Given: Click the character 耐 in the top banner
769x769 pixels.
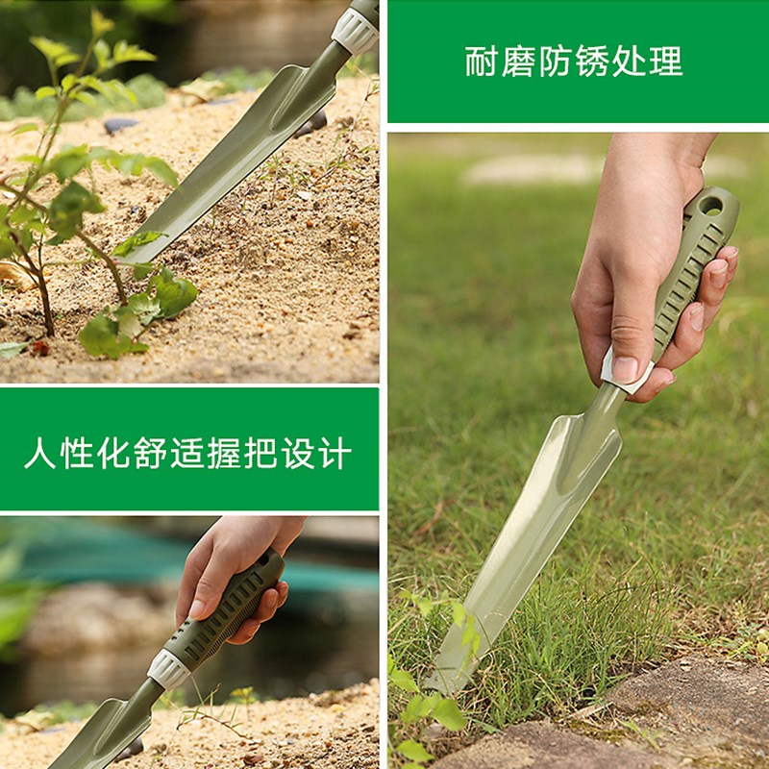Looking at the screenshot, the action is pos(482,62).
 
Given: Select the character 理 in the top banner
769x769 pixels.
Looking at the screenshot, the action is pos(666,62).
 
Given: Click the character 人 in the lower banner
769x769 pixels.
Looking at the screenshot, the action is pos(40,453).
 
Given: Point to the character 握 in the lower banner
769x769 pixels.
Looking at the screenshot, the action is pos(224,453).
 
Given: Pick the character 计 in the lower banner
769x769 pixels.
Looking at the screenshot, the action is pos(335,453).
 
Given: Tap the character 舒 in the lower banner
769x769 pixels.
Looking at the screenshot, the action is pos(151,453).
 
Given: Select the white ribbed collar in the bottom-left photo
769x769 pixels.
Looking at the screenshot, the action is pos(168,669).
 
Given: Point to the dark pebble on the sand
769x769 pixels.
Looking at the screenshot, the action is pos(121,126).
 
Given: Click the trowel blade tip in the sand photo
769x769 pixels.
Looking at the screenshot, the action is pos(129,259).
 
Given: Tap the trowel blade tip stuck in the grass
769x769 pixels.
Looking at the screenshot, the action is pos(432,685).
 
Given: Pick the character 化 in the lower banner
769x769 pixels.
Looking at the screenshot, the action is pos(113,453).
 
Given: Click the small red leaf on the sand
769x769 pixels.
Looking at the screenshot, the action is pos(40,348).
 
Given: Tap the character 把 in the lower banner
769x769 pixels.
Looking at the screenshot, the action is pos(260,453).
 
